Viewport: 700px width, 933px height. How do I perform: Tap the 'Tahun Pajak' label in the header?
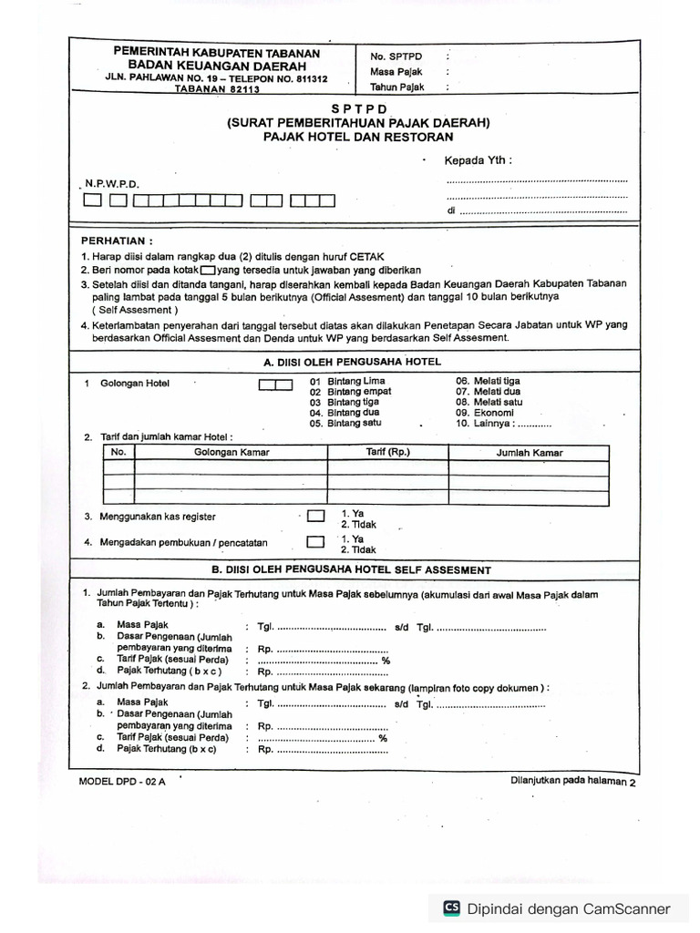398,87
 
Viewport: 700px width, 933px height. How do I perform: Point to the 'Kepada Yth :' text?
478,161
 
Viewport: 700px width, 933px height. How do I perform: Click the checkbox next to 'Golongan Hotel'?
275,384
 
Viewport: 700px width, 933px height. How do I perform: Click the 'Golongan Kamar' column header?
231,453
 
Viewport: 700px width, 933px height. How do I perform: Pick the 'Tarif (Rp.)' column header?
388,453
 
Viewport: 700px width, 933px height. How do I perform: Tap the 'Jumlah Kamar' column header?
529,453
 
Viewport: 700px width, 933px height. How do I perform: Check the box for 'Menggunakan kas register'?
315,516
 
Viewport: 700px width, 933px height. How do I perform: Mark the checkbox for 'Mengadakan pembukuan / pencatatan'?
315,541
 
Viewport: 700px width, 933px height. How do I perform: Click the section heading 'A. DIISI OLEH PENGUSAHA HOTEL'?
352,362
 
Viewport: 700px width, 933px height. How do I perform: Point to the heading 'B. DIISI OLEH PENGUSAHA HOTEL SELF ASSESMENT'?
352,569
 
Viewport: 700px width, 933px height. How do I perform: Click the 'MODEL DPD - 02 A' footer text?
122,782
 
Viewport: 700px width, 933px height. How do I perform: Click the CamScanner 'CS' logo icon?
451,907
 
